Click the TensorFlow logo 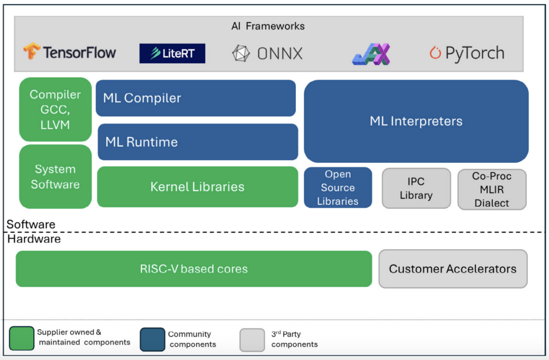(x=70, y=52)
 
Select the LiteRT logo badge (x=172, y=53)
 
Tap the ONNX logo (x=268, y=53)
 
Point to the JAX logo (x=371, y=54)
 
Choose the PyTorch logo (x=467, y=53)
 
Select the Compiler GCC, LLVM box (x=55, y=109)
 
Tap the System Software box (x=55, y=176)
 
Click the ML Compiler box (x=196, y=98)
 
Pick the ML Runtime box (x=198, y=142)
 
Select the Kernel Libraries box (x=197, y=187)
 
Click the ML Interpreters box (x=416, y=121)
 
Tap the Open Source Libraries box (x=338, y=187)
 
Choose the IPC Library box (x=416, y=188)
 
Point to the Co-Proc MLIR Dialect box (x=492, y=189)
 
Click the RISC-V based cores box (x=194, y=269)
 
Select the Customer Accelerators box (x=453, y=269)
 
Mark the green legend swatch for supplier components (x=22, y=339)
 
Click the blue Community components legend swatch (x=152, y=339)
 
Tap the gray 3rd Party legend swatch (x=252, y=340)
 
